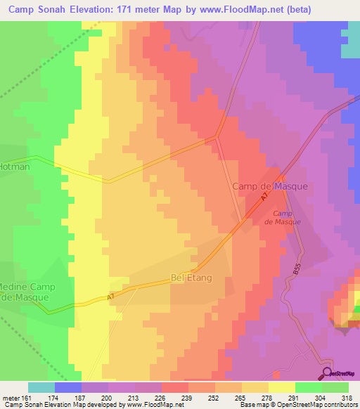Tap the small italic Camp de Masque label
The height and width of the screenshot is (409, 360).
(x=282, y=217)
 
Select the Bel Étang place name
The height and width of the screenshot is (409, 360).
(x=191, y=278)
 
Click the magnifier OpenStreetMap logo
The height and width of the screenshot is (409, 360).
(x=327, y=373)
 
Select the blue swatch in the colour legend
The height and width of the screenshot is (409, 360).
(x=67, y=387)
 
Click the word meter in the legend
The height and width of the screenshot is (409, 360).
(x=11, y=398)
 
